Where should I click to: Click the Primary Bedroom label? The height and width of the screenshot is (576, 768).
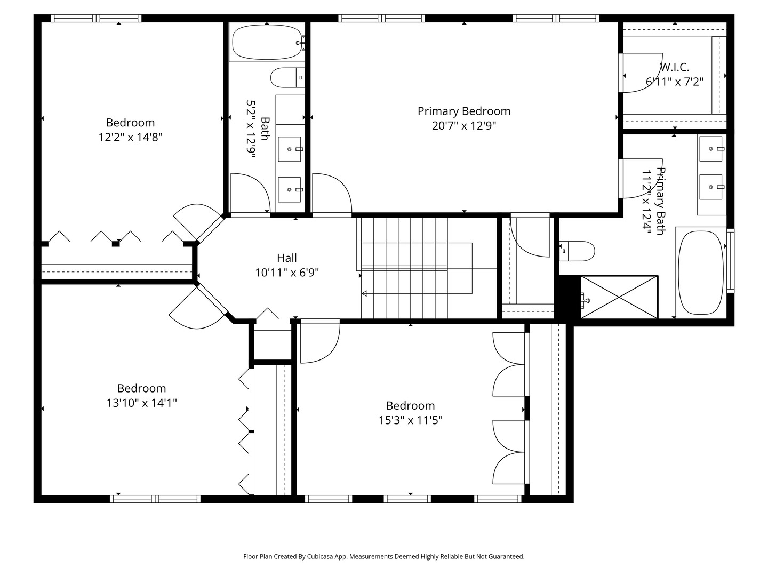[x=464, y=111]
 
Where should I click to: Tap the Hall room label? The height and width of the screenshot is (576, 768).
[x=287, y=258]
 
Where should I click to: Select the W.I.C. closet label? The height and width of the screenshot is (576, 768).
[x=674, y=67]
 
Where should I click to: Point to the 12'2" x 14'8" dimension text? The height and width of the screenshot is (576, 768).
[x=131, y=137]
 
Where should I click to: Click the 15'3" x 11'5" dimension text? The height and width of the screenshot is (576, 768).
[x=411, y=420]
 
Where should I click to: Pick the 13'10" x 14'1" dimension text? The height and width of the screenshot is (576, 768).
[x=142, y=403]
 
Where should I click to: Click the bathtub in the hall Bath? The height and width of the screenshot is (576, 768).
[x=267, y=42]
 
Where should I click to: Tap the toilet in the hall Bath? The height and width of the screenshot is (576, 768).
[x=287, y=78]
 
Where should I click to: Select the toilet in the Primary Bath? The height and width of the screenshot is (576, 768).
[x=577, y=251]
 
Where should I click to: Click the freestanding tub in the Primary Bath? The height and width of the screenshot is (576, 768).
[x=701, y=273]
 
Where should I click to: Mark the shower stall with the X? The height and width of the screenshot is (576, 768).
[x=619, y=297]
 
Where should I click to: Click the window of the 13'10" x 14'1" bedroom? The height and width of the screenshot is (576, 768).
[x=155, y=499]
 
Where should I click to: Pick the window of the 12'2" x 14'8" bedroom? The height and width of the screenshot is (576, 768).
[x=96, y=18]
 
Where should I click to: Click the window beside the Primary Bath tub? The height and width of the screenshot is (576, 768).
[x=730, y=261]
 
